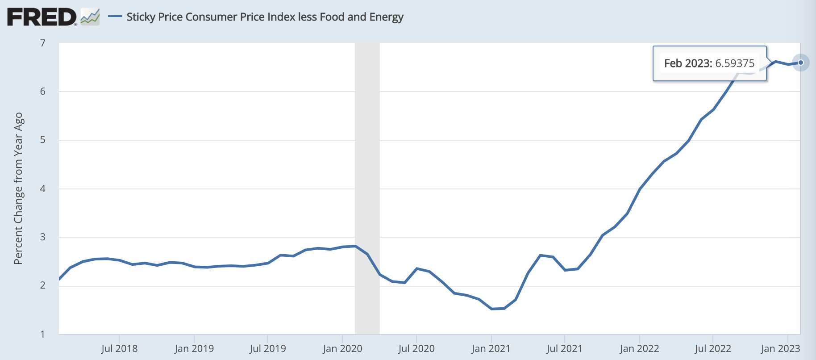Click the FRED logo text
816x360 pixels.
click(42, 17)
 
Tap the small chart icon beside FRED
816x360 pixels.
click(90, 17)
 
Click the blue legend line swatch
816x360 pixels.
click(115, 17)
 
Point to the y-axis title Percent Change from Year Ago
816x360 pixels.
click(18, 188)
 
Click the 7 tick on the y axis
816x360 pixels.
click(43, 43)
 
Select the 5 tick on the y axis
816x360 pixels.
click(43, 140)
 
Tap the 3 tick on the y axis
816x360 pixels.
click(43, 237)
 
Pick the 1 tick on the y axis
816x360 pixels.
click(43, 334)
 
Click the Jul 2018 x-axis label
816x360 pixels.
click(119, 349)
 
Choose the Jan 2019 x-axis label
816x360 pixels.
click(194, 349)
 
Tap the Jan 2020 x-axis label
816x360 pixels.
click(342, 349)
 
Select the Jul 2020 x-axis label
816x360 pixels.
click(416, 349)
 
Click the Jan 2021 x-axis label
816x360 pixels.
click(491, 349)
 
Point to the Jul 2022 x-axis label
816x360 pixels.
click(713, 349)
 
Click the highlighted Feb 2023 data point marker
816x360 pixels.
click(801, 63)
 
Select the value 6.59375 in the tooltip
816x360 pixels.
click(735, 63)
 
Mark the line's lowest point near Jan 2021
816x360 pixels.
click(492, 309)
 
